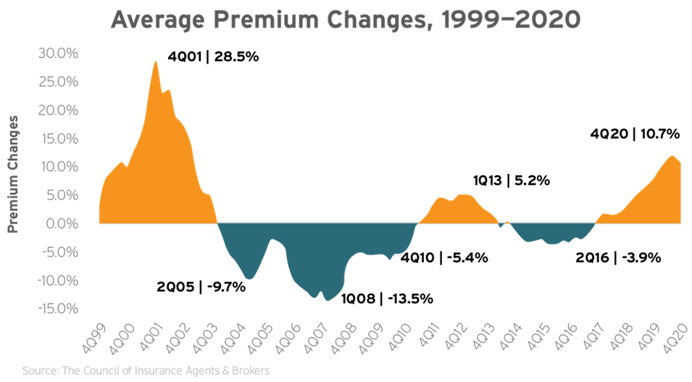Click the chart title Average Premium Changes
pos(346,19)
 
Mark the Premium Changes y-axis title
pos(13,173)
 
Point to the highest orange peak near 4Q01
pos(155,61)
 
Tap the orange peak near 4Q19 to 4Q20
pos(672,156)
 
